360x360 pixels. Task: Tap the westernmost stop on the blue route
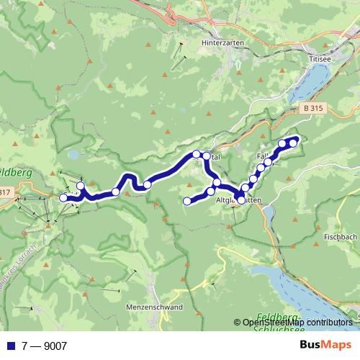63,197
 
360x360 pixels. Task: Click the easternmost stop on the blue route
293,143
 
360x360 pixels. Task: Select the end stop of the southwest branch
187,201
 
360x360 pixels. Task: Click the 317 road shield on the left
4,192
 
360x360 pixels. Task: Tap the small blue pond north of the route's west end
73,154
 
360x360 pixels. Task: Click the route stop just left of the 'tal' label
197,153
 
